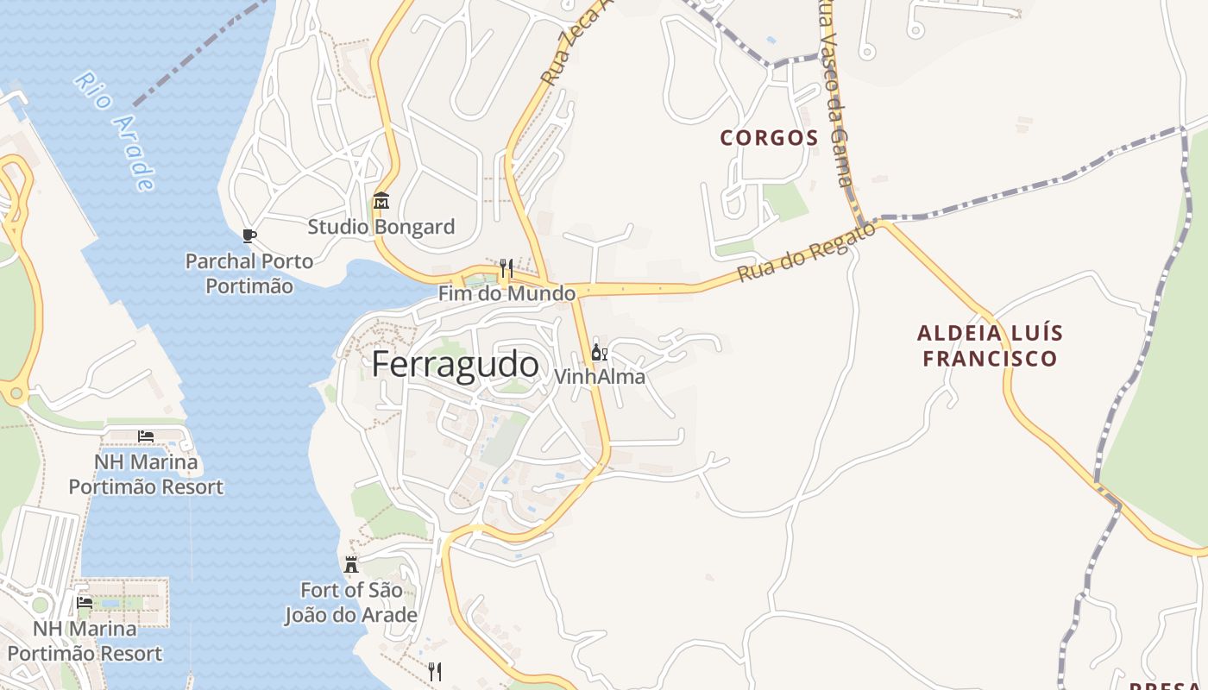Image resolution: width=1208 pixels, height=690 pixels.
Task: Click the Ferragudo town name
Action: (x=456, y=365)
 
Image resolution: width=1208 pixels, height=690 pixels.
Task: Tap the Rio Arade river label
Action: (x=116, y=130)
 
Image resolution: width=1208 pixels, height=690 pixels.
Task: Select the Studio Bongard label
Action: (x=381, y=227)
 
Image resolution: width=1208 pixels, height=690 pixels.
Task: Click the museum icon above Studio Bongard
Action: (x=381, y=202)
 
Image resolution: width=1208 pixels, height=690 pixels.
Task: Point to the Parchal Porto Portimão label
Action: (x=249, y=273)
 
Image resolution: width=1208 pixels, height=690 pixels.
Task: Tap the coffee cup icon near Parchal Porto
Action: (x=249, y=235)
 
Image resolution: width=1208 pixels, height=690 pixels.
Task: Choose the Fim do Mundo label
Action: (x=506, y=293)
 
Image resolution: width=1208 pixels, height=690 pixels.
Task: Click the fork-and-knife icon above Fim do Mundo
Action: (x=506, y=268)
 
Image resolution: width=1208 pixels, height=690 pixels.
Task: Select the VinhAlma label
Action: (x=599, y=377)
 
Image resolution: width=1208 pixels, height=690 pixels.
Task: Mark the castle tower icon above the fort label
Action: (x=351, y=566)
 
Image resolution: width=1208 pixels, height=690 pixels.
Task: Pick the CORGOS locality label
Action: (x=769, y=138)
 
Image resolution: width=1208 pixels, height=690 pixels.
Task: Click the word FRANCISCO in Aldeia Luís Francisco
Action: (x=990, y=358)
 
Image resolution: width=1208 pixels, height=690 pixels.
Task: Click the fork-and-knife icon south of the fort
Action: (x=436, y=671)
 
